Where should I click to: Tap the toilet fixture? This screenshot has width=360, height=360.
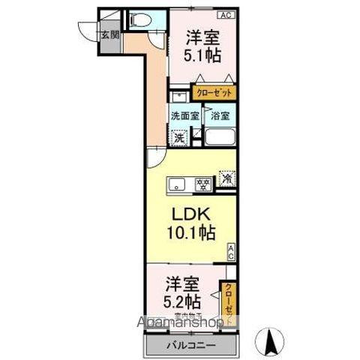point(135,20)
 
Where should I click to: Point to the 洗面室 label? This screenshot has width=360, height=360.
point(184,116)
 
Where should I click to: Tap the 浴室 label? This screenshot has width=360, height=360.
point(219,116)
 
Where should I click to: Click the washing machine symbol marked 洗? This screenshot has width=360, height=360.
point(179,137)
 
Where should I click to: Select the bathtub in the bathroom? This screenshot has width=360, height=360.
point(220,138)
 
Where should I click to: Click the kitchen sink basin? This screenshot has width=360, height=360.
point(177,183)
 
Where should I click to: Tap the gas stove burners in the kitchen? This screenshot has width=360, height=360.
point(202,183)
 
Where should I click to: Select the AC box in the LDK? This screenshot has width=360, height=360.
point(232,252)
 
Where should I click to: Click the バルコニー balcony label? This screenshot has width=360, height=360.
point(190,346)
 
